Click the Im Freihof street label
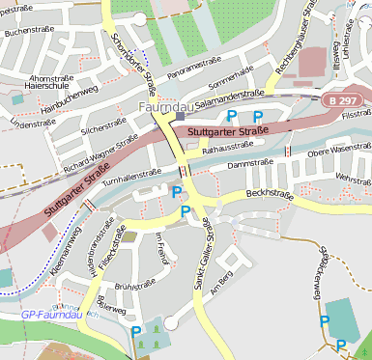coord(161,246)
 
